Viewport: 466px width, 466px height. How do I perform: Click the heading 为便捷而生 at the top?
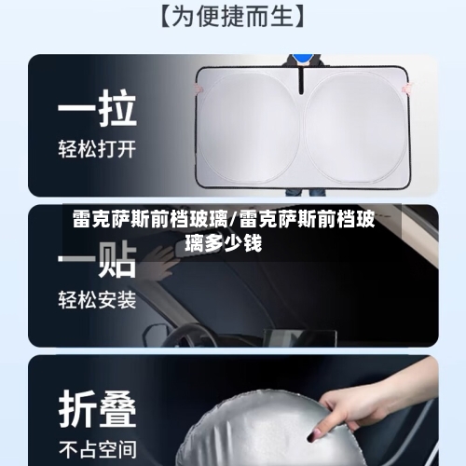pos(233,16)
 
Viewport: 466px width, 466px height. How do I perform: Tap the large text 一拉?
pos(98,110)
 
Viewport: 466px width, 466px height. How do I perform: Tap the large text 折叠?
pos(98,407)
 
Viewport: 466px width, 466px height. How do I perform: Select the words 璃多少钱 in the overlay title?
pos(223,244)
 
